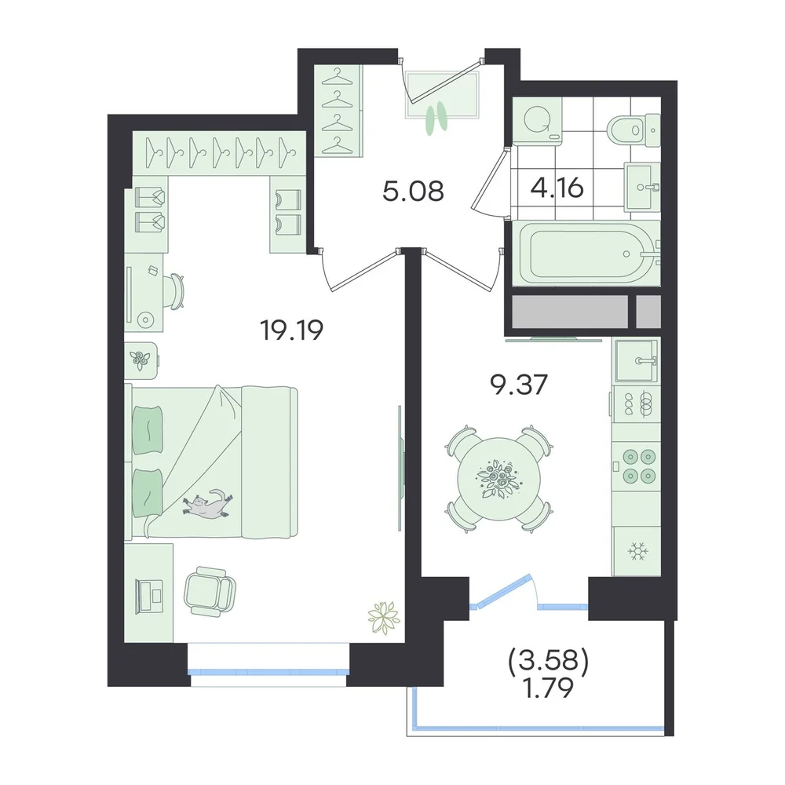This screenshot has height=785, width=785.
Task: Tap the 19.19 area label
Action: pyautogui.click(x=292, y=330)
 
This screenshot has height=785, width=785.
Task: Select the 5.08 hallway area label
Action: pyautogui.click(x=413, y=191)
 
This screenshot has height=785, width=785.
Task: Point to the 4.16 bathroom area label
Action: pyautogui.click(x=557, y=188)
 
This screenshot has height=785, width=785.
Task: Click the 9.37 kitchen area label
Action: pyautogui.click(x=520, y=385)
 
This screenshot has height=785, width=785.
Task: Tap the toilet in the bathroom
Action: pyautogui.click(x=633, y=130)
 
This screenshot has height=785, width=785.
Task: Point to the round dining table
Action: pyautogui.click(x=498, y=479)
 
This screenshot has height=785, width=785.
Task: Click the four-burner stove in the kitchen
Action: pyautogui.click(x=637, y=466)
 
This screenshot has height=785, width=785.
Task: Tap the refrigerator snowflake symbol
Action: pyautogui.click(x=637, y=551)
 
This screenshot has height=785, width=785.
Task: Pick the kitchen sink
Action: pyautogui.click(x=637, y=360)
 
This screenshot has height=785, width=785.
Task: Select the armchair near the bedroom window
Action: pyautogui.click(x=210, y=591)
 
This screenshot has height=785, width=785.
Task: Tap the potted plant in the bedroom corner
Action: pyautogui.click(x=384, y=617)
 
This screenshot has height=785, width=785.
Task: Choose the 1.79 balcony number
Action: pyautogui.click(x=548, y=689)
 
